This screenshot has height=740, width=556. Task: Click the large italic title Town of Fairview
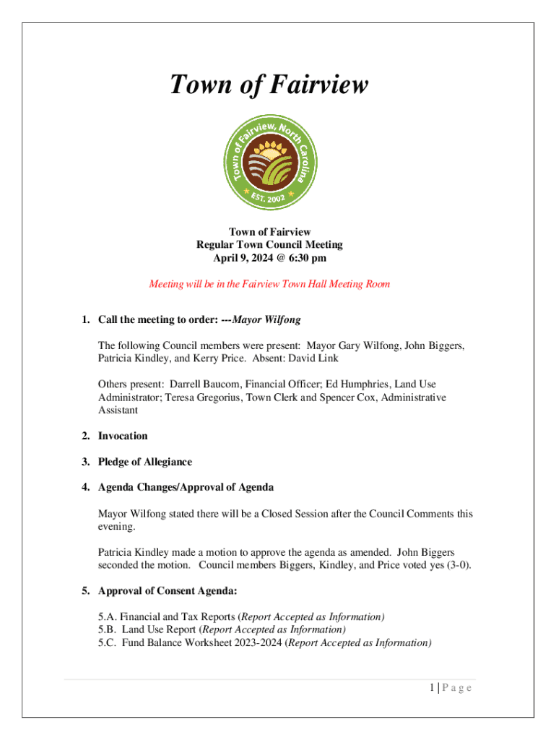(x=269, y=85)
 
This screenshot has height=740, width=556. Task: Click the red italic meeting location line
(x=269, y=284)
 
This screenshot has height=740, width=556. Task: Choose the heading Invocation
(x=123, y=436)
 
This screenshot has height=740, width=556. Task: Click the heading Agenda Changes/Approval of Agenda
(x=186, y=488)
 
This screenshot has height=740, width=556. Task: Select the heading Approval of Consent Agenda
(x=168, y=591)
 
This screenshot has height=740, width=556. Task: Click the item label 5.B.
(x=108, y=630)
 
